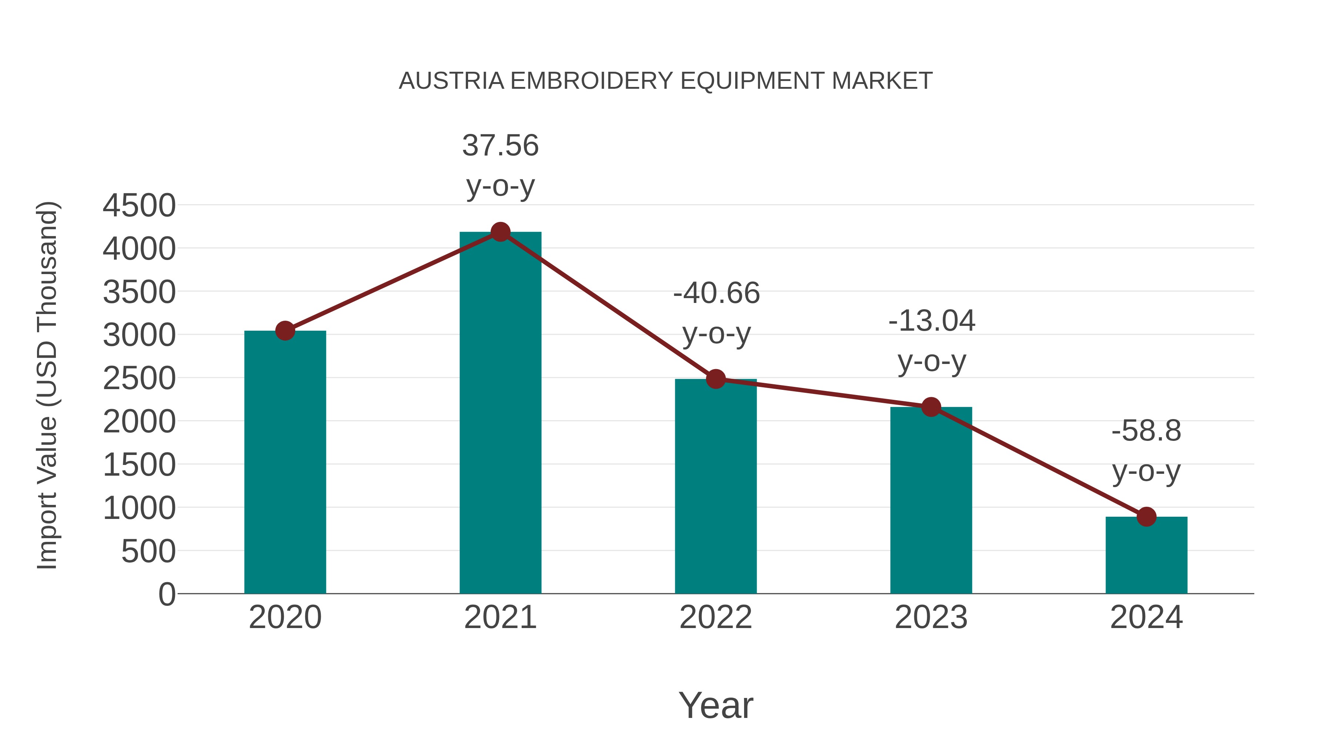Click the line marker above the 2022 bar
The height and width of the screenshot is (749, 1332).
(x=716, y=379)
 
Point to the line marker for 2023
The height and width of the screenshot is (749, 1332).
(x=931, y=407)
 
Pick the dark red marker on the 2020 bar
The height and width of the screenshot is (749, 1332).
(x=285, y=331)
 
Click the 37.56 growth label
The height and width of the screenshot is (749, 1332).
(x=500, y=145)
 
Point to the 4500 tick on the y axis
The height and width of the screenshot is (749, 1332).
(x=139, y=206)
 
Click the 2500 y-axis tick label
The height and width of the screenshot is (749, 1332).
(x=139, y=378)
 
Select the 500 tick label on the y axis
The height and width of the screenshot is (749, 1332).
(x=148, y=551)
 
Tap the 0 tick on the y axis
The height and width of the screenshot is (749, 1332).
(x=166, y=594)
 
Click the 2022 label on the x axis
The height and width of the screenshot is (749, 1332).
(x=716, y=617)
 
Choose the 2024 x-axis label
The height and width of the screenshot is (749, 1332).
(x=1146, y=617)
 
